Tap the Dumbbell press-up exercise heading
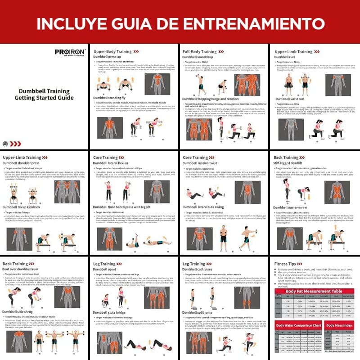pyautogui.click(x=108, y=57)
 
